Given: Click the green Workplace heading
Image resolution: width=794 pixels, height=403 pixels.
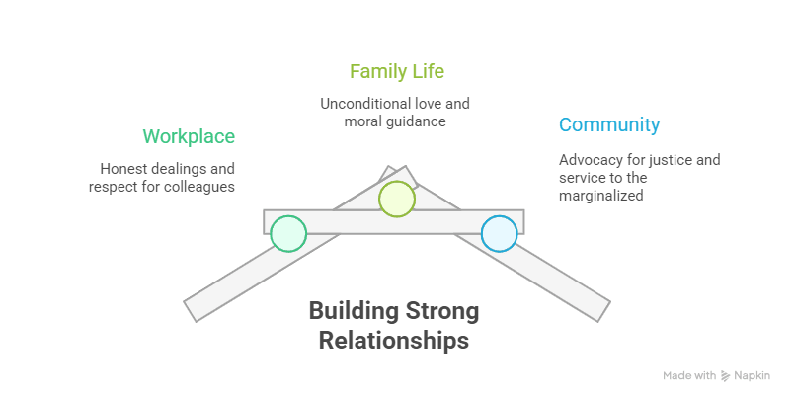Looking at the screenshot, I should [x=189, y=136].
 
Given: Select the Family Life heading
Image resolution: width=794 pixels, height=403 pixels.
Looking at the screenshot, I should [x=397, y=72].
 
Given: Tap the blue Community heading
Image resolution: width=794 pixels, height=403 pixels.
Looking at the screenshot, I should [x=609, y=125].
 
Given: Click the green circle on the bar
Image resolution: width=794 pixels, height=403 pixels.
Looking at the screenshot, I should [x=288, y=233].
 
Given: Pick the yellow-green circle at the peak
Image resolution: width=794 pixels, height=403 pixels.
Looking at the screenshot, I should [x=397, y=198].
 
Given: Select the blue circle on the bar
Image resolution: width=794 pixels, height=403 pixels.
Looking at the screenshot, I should [x=499, y=233].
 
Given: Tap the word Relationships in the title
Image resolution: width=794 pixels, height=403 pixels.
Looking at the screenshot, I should [x=394, y=342].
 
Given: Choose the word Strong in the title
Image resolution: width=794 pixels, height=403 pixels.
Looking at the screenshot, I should [x=441, y=313].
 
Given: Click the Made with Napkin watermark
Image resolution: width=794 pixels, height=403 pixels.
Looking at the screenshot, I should [x=715, y=376].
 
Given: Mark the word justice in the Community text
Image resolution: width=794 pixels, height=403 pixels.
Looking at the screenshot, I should [x=670, y=159].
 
